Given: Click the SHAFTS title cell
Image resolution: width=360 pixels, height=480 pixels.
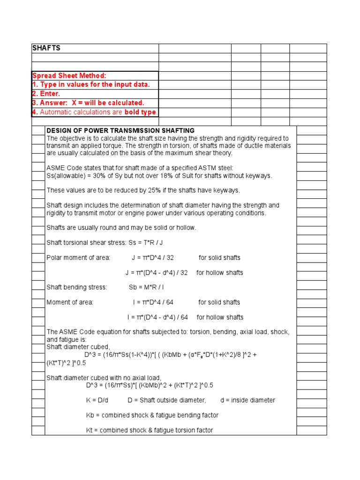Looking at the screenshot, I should point(46,48).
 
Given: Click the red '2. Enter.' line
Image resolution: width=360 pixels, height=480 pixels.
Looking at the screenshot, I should point(46,94).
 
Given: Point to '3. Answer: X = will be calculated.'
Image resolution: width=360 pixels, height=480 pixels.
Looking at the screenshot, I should point(88,103).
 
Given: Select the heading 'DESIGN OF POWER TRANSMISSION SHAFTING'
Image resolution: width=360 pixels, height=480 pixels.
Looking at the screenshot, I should point(120,131).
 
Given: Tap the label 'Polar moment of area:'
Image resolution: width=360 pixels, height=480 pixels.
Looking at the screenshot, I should point(78,257).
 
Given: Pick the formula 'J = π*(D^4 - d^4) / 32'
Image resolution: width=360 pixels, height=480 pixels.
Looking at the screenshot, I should point(157,272).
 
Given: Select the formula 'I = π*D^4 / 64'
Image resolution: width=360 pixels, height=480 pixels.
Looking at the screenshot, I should point(153,302).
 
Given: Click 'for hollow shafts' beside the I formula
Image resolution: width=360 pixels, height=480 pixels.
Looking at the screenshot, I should point(220,317).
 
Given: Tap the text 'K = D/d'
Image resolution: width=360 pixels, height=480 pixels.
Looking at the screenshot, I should point(97,400).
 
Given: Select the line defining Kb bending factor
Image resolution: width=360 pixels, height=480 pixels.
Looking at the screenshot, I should point(152,415).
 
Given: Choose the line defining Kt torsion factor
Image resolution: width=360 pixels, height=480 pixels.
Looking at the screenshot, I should point(150,430).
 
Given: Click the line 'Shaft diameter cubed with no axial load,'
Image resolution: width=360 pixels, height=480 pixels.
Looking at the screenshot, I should point(104,378).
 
